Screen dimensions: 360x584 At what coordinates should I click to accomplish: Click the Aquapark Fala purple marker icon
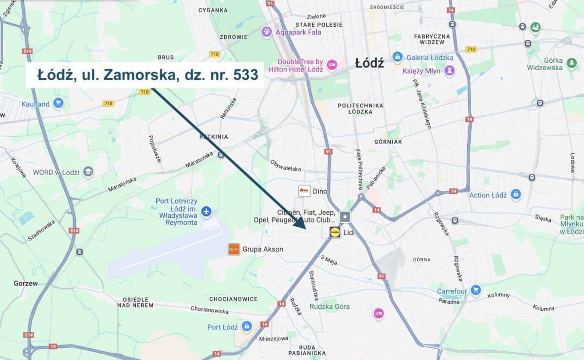[266, 32]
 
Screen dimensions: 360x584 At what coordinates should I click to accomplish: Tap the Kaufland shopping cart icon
[58, 103]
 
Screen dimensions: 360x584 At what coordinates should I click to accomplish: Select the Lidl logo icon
[335, 233]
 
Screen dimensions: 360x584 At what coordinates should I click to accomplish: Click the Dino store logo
[304, 191]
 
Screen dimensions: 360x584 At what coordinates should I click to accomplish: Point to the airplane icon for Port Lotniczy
[206, 212]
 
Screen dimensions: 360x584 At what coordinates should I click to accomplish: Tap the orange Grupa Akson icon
[234, 249]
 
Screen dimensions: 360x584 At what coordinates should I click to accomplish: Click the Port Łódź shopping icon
[247, 326]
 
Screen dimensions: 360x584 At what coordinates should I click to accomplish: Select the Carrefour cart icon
[475, 290]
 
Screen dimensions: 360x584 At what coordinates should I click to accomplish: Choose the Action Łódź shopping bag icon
[515, 195]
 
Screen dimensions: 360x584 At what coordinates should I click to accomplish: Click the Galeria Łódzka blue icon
[397, 57]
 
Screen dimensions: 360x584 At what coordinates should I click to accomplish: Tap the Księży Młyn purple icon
[449, 71]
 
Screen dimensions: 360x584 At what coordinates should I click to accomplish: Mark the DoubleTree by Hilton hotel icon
[332, 65]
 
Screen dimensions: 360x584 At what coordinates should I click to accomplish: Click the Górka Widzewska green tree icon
[571, 63]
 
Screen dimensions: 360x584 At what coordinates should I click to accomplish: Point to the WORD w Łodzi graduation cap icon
[88, 172]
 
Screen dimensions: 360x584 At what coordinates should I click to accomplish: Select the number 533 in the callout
[246, 75]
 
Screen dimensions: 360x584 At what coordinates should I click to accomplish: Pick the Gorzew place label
[26, 283]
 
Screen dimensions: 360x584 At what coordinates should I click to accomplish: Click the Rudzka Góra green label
[329, 306]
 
